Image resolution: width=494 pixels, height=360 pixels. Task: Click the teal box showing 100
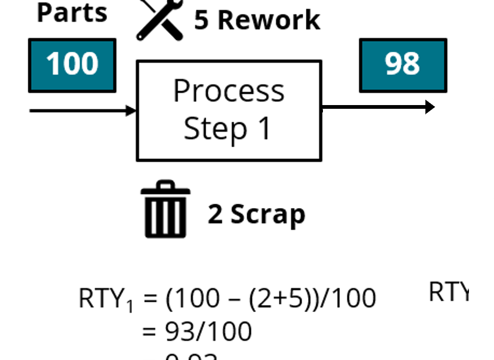click(72, 65)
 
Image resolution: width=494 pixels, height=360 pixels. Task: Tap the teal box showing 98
click(403, 65)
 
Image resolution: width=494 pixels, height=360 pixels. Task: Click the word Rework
click(269, 20)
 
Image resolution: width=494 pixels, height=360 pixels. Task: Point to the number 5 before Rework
click(201, 20)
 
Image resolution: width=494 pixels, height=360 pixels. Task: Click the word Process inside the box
click(229, 91)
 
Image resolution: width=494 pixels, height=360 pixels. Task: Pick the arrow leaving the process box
click(378, 107)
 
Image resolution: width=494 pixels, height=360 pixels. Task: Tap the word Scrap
click(268, 214)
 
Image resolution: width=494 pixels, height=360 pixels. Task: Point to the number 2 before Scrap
click(215, 214)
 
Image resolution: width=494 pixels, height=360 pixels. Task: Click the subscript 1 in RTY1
click(129, 306)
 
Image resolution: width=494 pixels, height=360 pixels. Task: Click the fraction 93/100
click(208, 331)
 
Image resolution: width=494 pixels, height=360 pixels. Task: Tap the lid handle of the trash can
click(165, 184)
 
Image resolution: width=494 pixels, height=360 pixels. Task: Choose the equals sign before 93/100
click(150, 332)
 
